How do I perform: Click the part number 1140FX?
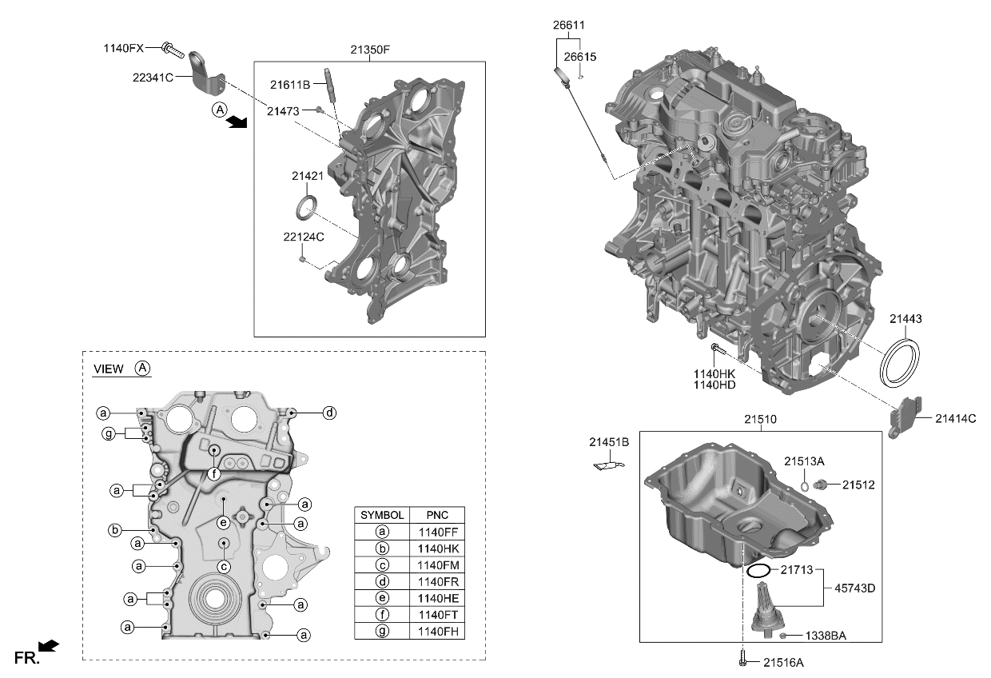[x=123, y=48]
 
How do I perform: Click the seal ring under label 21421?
[x=306, y=206]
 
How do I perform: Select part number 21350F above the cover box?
[x=370, y=50]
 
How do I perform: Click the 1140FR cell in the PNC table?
[x=438, y=581]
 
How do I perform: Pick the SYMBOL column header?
[x=382, y=515]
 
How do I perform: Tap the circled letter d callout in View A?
[x=329, y=413]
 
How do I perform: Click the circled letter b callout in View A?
[x=115, y=530]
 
